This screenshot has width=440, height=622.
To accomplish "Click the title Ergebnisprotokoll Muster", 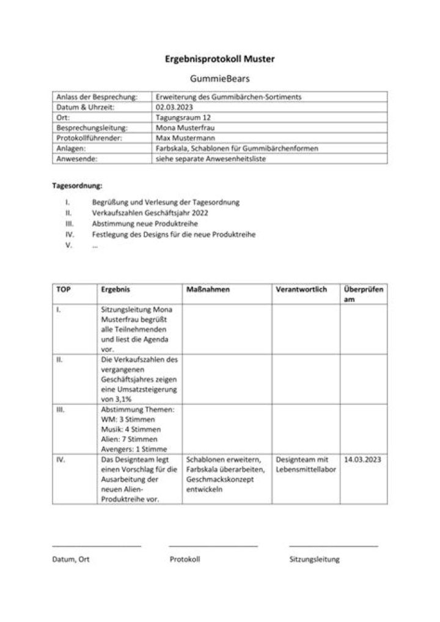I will pos(219,59).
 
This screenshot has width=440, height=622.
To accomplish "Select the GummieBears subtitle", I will pos(220,79).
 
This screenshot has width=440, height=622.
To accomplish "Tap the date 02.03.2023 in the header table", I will pos(174,107).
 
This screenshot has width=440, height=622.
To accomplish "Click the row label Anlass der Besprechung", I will pos(95,97).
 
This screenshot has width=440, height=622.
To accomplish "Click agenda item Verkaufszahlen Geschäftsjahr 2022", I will pos(150,213).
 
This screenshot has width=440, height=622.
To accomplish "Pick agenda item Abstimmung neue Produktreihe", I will pos(145,224).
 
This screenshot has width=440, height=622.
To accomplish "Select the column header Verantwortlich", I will pos(301,290).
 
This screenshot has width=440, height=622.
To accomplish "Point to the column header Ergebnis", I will pos(116,290).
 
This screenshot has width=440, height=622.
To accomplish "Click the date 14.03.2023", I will pos(362,459).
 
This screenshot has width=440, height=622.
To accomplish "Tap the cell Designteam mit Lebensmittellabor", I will pos(302,464).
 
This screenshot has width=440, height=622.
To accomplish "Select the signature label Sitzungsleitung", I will pos(314,559).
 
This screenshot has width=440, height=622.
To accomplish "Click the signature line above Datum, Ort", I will pos(97,546).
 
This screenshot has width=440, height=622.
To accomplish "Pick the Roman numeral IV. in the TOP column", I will pos(61,459).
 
